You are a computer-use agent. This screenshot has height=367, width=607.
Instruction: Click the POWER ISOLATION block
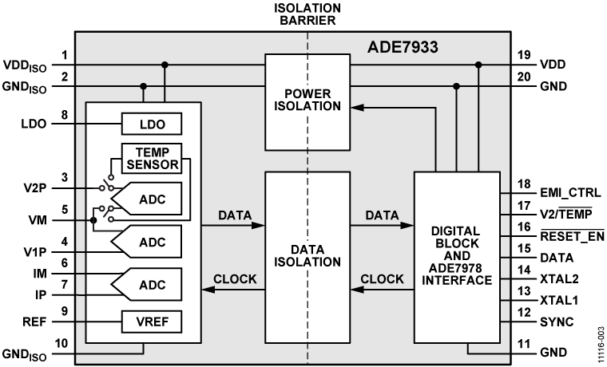(307, 101)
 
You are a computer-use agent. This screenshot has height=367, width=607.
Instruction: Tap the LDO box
(152, 124)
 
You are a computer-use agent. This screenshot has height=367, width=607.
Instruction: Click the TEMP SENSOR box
(152, 157)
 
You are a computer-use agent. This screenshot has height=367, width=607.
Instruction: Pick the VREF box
(152, 322)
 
